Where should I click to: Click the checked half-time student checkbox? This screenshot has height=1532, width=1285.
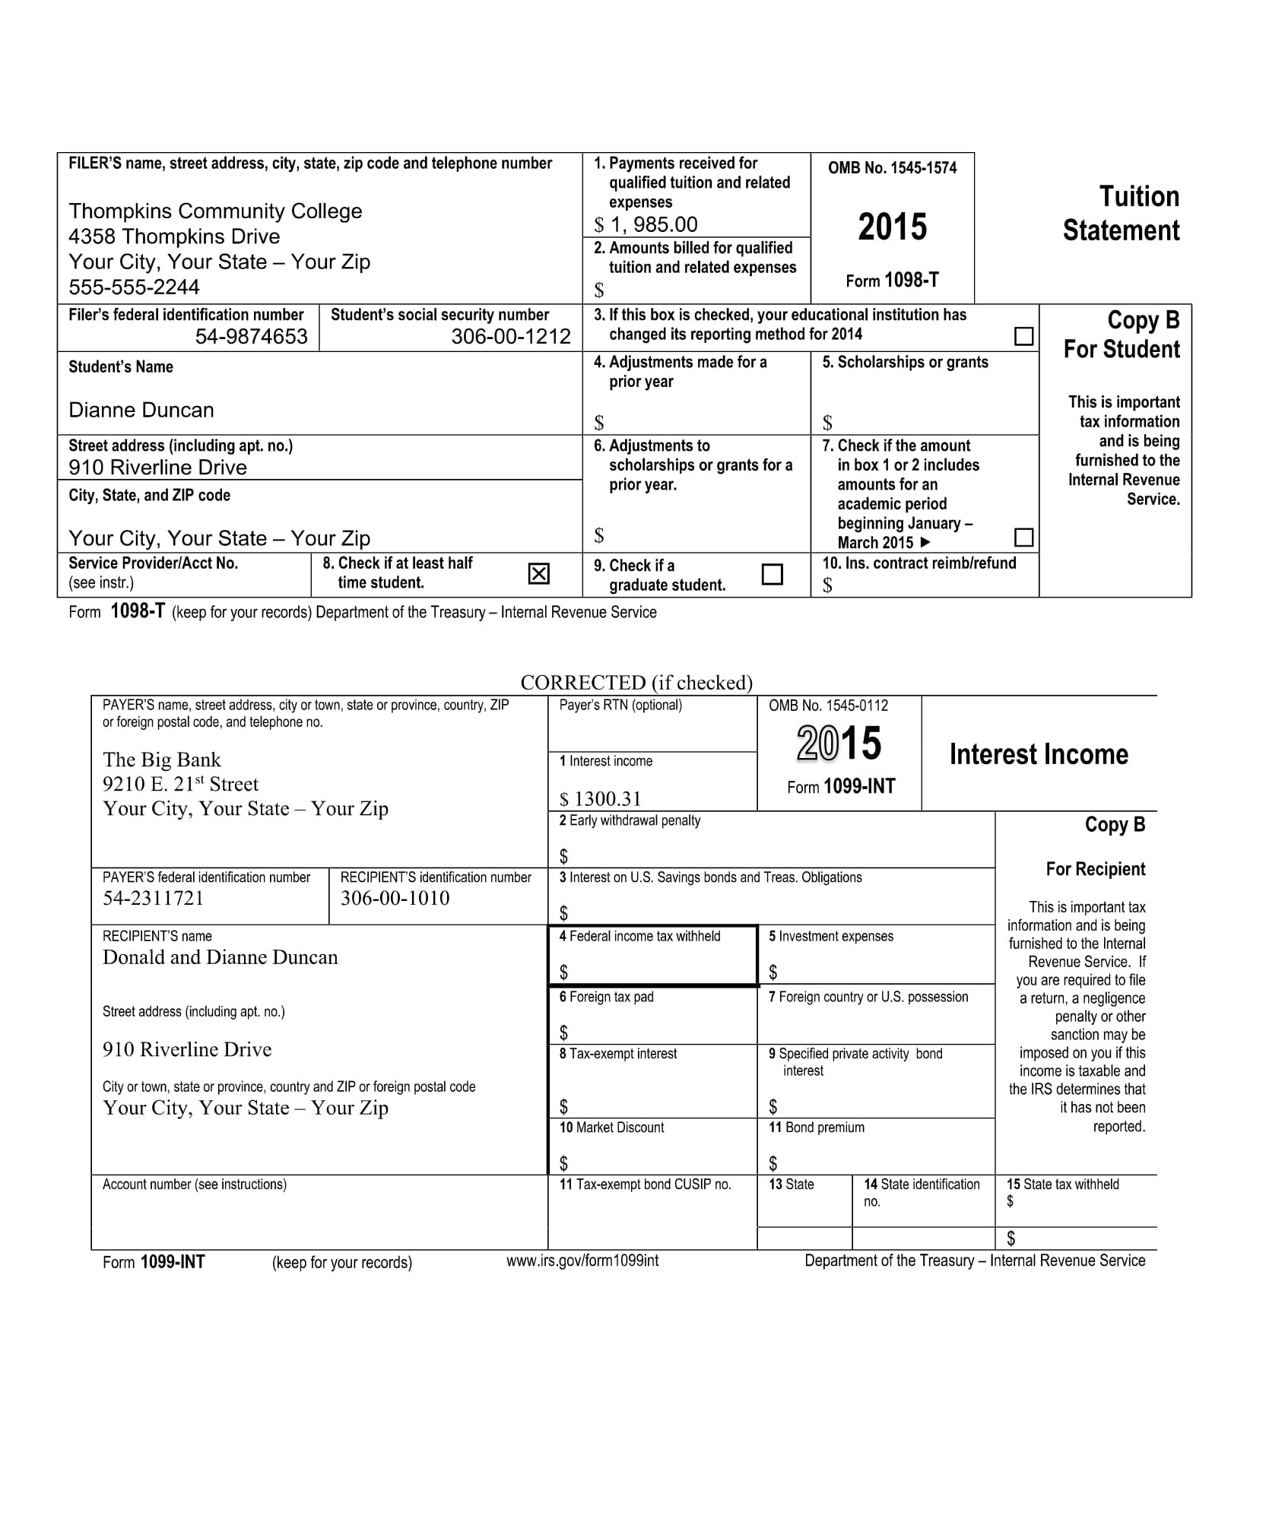[x=538, y=573]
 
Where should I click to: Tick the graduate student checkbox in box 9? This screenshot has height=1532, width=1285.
[x=772, y=573]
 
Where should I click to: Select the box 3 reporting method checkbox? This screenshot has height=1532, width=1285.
[x=1024, y=336]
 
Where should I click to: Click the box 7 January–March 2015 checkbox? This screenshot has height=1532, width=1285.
[x=1024, y=538]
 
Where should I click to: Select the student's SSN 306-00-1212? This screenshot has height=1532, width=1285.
[x=510, y=336]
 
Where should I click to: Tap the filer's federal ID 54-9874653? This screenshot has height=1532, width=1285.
[x=251, y=336]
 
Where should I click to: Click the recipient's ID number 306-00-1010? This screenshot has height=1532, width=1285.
[x=395, y=898]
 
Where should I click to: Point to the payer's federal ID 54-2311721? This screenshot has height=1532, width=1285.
[x=153, y=898]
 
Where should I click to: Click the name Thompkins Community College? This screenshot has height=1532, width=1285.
[x=215, y=211]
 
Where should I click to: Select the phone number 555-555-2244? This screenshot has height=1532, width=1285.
[x=134, y=287]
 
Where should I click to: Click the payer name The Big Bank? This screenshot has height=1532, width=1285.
[x=161, y=760]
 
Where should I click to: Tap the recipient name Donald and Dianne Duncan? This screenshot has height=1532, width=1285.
[x=220, y=957]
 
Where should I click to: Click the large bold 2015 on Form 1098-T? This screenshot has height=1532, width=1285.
[x=892, y=227]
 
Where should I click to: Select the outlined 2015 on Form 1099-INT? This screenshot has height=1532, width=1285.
[x=839, y=743]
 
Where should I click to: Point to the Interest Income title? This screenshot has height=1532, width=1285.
[x=1039, y=754]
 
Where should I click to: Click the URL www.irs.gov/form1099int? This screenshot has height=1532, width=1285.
[x=582, y=1261]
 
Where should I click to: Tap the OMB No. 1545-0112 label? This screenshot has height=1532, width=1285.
[x=828, y=706]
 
